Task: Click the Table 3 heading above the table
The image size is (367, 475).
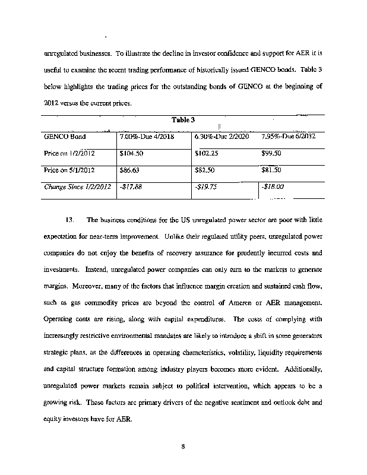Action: click(183, 120)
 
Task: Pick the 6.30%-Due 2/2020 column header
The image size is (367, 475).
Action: click(222, 137)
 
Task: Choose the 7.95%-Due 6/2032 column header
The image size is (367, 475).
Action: click(288, 137)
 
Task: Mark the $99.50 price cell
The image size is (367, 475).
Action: click(271, 153)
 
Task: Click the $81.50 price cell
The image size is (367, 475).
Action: click(271, 170)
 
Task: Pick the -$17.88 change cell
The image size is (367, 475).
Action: click(130, 186)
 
